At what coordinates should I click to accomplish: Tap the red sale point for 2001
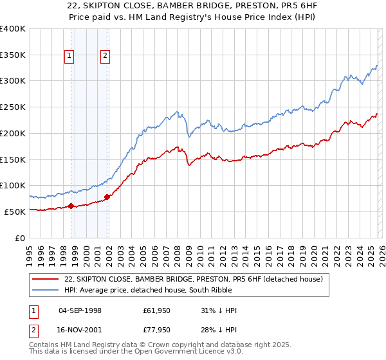pyautogui.click(x=107, y=197)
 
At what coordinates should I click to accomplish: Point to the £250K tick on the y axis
pyautogui.click(x=13, y=107)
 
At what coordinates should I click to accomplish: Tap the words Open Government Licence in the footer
pyautogui.click(x=183, y=352)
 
